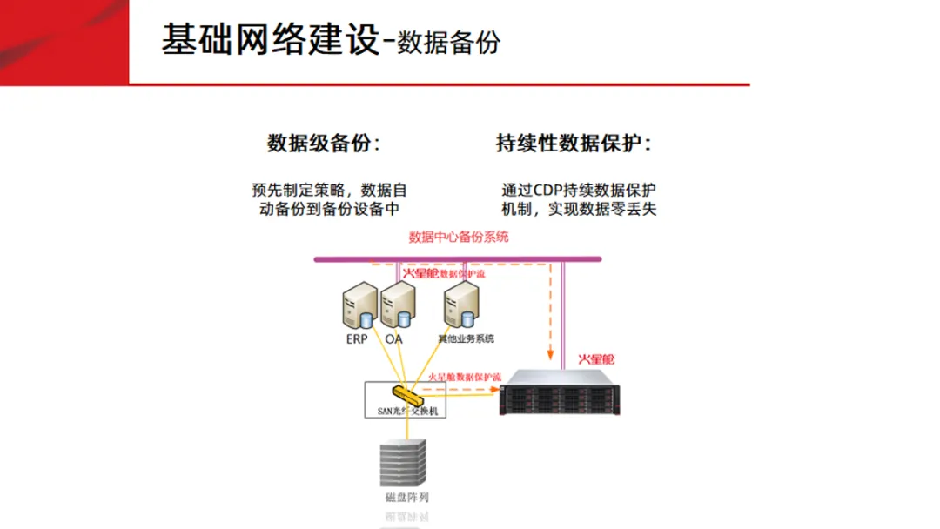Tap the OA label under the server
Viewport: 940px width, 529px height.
(394, 338)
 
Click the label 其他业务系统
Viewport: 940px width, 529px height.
(466, 338)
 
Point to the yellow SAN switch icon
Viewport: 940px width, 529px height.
(407, 393)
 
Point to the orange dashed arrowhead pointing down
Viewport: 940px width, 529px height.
(549, 355)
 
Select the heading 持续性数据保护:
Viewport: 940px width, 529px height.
(574, 144)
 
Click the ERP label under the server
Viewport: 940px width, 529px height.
(357, 338)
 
